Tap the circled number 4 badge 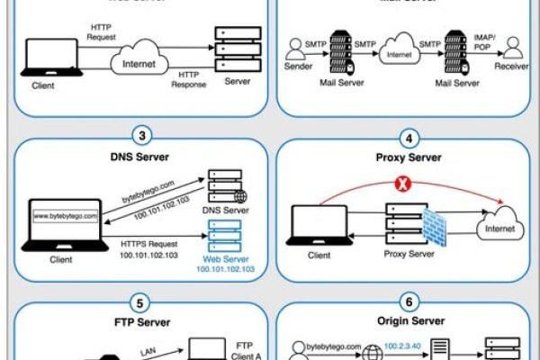410,139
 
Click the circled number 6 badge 410,301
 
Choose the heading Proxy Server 410,158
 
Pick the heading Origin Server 410,321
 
